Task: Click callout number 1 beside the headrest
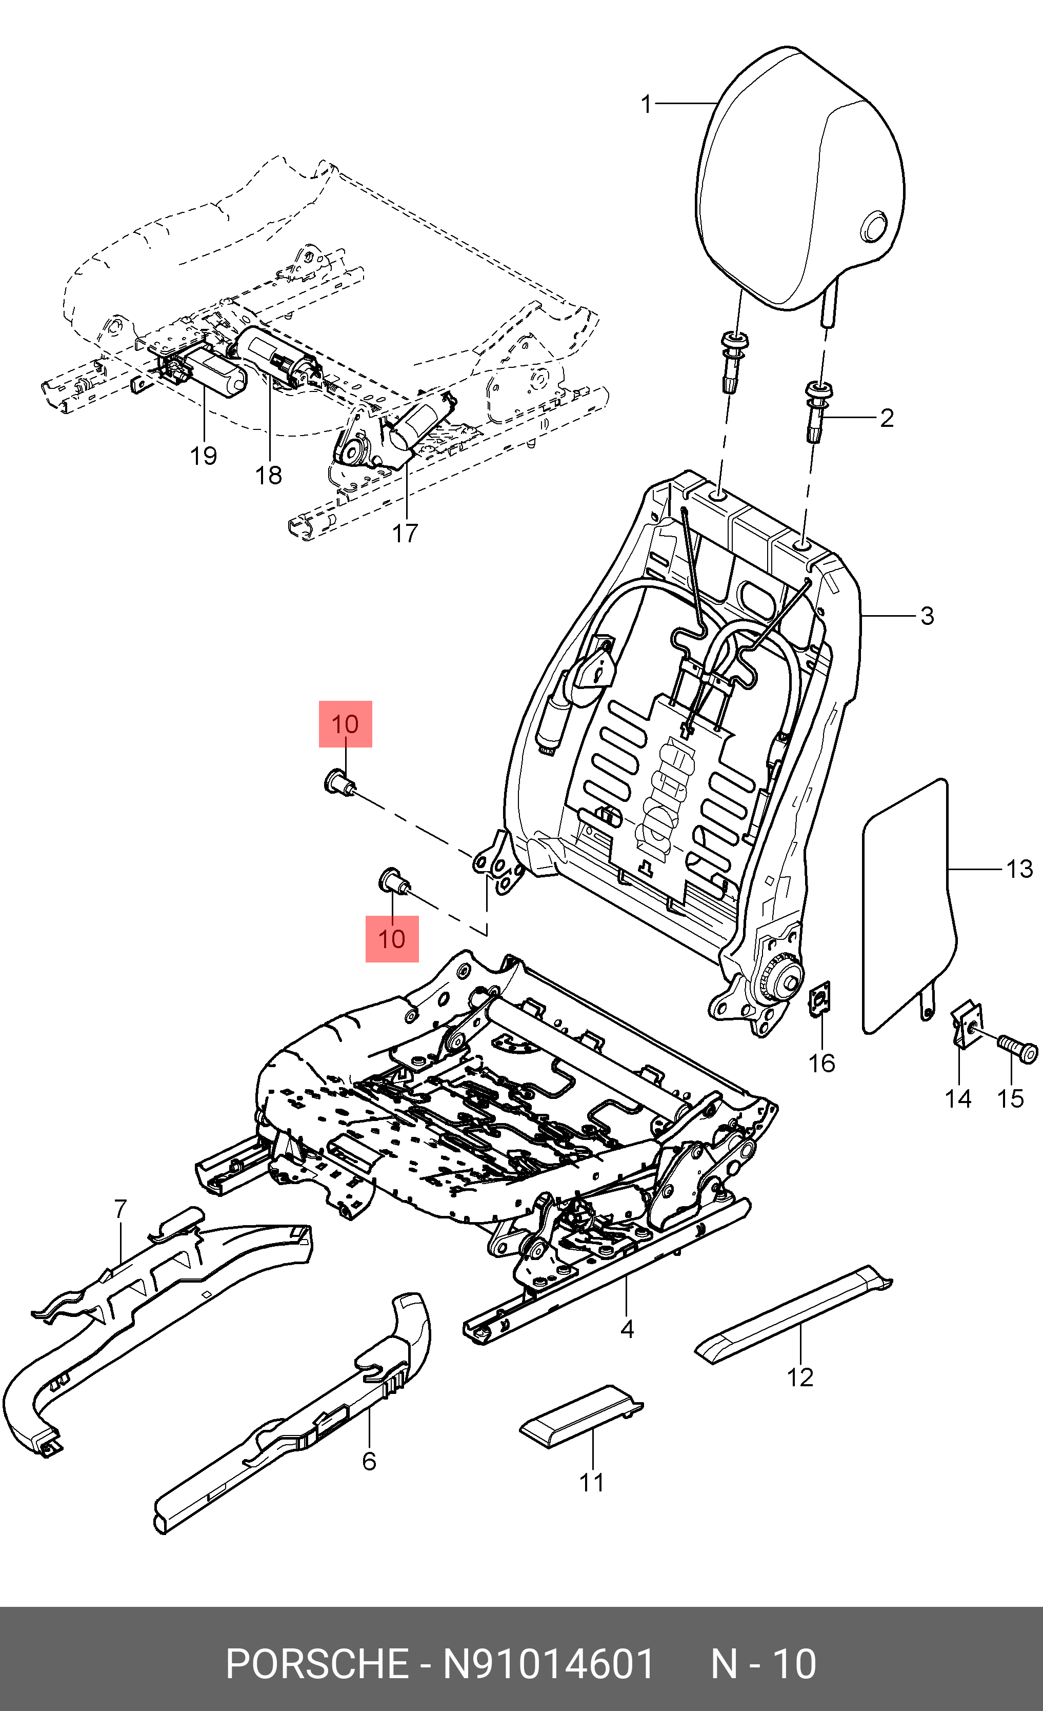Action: (x=646, y=104)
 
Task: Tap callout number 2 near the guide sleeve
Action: (x=886, y=418)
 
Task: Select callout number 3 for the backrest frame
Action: (x=927, y=616)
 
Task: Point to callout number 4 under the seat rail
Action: (x=627, y=1328)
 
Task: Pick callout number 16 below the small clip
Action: (x=821, y=1063)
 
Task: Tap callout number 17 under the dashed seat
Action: (x=405, y=533)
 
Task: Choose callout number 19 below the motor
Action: (x=204, y=456)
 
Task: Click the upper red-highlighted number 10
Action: (x=345, y=724)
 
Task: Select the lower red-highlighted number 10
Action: (x=391, y=939)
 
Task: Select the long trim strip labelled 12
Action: (x=791, y=1314)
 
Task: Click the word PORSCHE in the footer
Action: (x=317, y=1664)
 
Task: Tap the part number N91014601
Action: (x=548, y=1664)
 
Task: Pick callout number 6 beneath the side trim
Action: (x=369, y=1461)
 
